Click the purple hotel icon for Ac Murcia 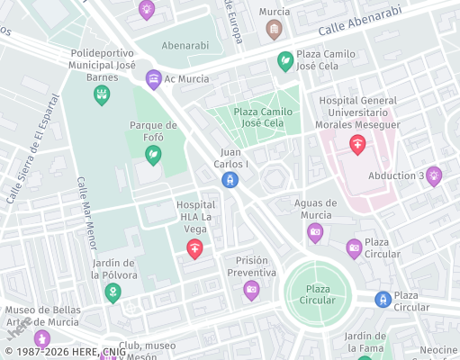154,79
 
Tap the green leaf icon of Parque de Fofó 153,155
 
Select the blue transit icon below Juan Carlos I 230,180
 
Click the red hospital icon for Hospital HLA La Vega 194,250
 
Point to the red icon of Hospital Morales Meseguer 358,144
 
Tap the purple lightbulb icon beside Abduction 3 434,175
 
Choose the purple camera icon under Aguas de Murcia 315,234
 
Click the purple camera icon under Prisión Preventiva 251,290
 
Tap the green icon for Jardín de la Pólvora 113,293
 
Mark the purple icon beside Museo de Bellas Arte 41,338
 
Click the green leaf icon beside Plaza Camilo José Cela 285,61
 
